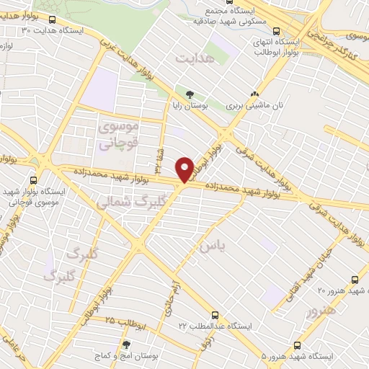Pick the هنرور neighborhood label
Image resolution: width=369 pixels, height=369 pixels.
point(321,312)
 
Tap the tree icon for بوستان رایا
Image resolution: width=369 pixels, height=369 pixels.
point(190,94)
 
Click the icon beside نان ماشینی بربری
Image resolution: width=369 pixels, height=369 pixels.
point(254,94)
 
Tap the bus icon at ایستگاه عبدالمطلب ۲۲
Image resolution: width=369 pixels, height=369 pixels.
point(215,314)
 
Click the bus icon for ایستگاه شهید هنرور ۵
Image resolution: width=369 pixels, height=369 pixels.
point(298,345)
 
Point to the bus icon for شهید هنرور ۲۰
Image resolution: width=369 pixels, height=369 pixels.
point(355,279)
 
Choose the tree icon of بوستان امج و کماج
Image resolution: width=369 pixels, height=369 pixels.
point(127,345)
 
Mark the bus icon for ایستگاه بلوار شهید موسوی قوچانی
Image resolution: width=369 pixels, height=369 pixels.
point(32,180)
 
